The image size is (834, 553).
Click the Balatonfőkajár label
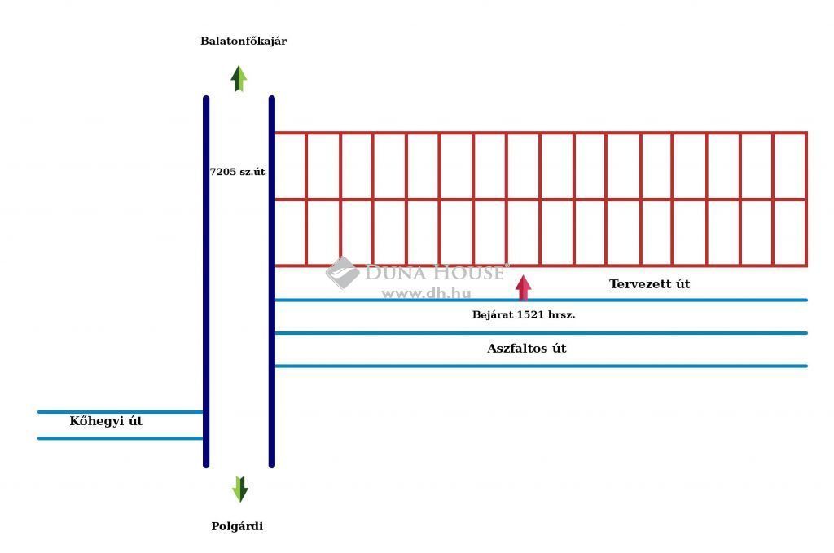point(243,41)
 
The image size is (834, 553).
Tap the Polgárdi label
point(237,526)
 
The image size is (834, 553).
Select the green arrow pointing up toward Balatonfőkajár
point(239,79)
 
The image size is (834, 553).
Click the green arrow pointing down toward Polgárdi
point(240,489)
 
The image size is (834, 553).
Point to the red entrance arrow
point(524,287)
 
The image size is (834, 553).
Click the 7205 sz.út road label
point(237,172)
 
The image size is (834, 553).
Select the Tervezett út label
point(649,284)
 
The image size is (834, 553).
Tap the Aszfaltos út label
point(527,349)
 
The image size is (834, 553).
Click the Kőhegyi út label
point(106,420)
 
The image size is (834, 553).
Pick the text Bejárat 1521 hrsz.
point(524,315)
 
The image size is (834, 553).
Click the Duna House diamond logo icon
point(342,272)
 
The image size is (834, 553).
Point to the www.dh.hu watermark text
point(426,293)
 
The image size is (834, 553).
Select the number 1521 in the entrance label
point(530,315)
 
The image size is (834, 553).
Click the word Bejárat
point(493,315)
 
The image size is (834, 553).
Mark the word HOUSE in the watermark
point(468,273)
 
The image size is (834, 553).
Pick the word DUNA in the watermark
point(395,273)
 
